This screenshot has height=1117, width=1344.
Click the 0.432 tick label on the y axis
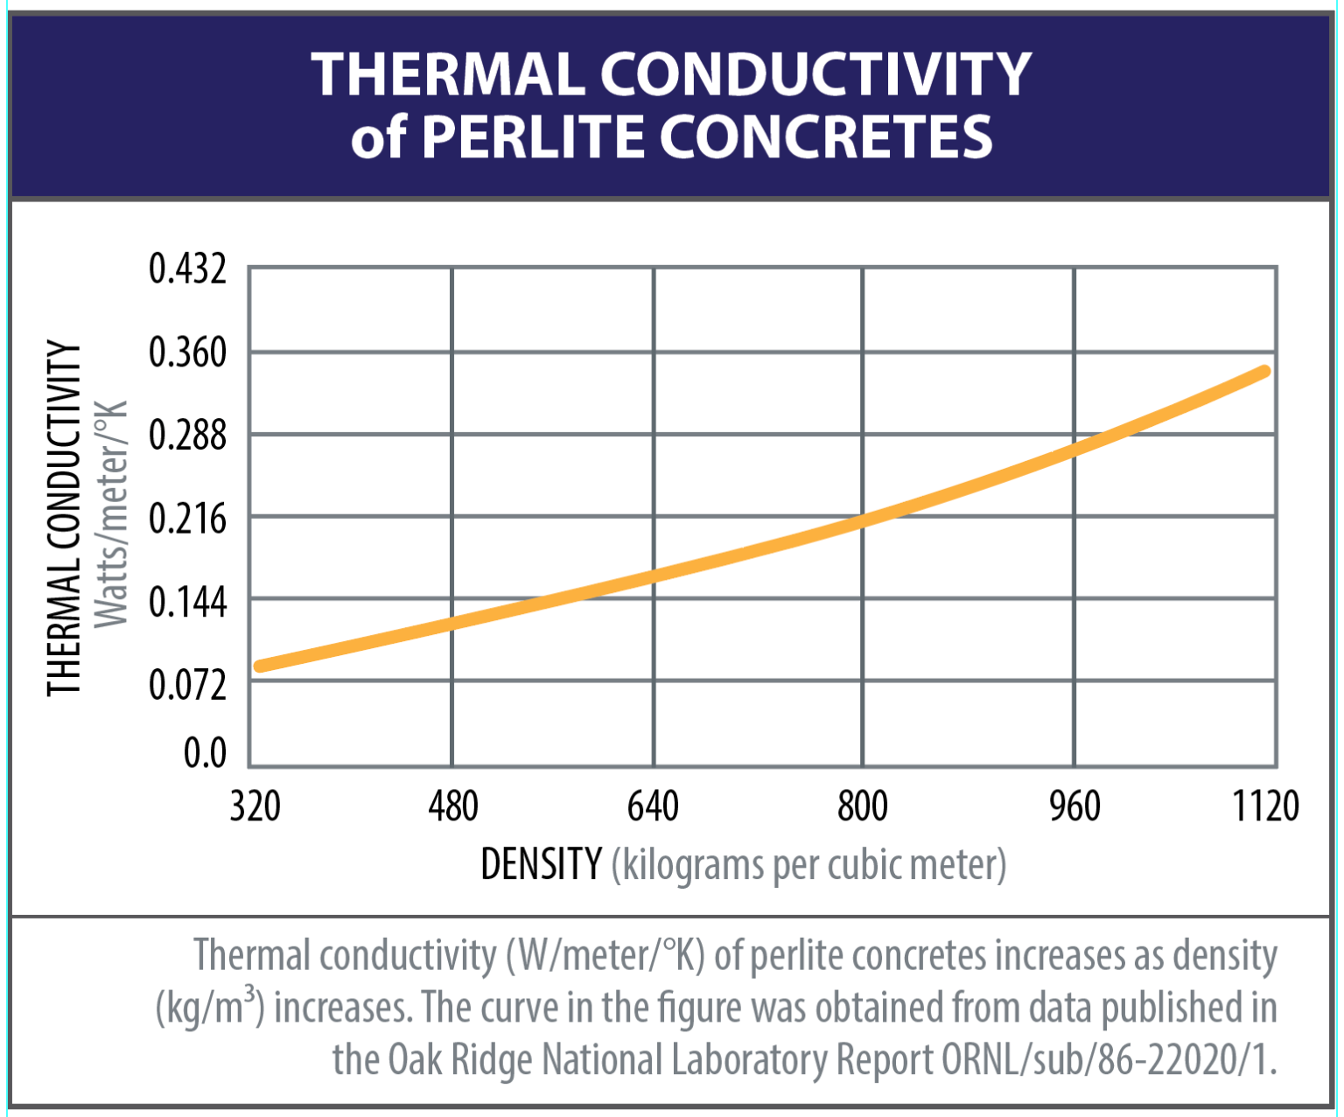coord(187,269)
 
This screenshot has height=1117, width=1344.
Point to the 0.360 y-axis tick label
coord(187,353)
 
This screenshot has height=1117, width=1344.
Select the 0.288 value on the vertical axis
coord(187,435)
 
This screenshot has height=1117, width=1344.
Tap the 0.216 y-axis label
coord(187,519)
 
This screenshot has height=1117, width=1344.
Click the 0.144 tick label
coord(187,602)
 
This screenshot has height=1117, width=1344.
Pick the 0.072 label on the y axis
coord(187,684)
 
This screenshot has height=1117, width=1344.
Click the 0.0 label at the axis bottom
coord(205,752)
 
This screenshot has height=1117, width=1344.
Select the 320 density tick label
coord(255,806)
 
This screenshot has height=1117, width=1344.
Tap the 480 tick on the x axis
coord(453,806)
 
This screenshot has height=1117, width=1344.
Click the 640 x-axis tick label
coord(653,806)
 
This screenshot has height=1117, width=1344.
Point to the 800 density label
coord(863,806)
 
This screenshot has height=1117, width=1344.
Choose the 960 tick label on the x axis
coord(1074,806)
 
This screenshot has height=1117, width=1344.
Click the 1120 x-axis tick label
coord(1265,806)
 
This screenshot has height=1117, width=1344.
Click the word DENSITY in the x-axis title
coord(541,864)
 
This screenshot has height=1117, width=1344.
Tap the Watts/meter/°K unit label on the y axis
coord(111,514)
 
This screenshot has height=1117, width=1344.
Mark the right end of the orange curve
coord(1264,372)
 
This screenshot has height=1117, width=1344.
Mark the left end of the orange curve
coord(260,667)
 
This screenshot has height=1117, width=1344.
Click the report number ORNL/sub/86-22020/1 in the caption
coord(1108,1059)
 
